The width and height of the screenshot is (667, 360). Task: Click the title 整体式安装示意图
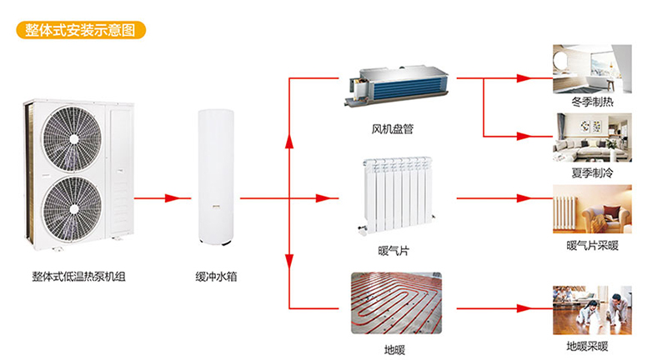80,30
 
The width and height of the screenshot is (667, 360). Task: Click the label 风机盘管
393,129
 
